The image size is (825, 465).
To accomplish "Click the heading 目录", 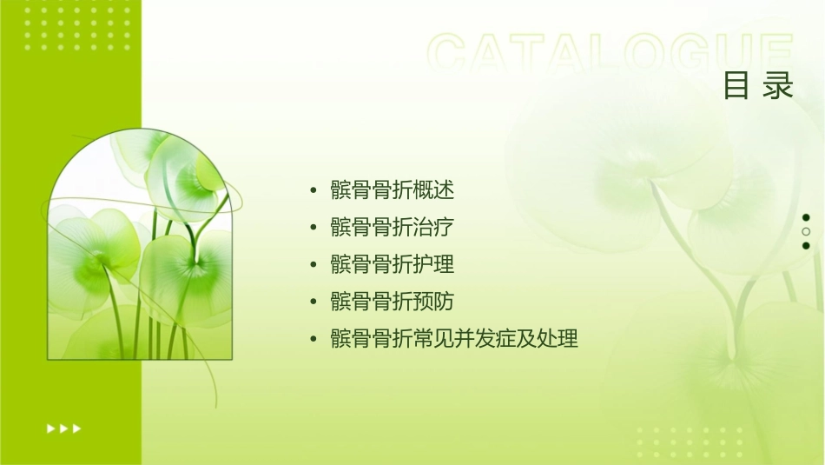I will [758, 86].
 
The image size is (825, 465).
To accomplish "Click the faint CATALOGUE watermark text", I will [610, 54].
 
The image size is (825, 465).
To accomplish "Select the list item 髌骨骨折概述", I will [393, 190].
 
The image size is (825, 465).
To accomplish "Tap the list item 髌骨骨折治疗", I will [393, 228].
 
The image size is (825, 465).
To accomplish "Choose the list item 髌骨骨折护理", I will [393, 264].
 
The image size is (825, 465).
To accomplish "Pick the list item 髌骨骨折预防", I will [393, 302].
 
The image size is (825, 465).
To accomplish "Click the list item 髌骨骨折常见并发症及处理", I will [454, 338].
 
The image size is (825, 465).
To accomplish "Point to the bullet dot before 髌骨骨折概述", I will [313, 190].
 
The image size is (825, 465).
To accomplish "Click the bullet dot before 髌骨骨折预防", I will [313, 302].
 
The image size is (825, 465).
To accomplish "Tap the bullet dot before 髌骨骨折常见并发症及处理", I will [313, 339].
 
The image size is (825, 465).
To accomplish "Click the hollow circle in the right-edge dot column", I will [806, 232].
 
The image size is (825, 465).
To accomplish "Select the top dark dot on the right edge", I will [806, 217].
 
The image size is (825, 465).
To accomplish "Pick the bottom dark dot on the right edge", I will [806, 246].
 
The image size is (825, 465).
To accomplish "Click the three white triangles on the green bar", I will [64, 428].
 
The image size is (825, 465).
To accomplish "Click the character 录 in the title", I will [780, 86].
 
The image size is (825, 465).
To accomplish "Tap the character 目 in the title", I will [736, 86].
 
